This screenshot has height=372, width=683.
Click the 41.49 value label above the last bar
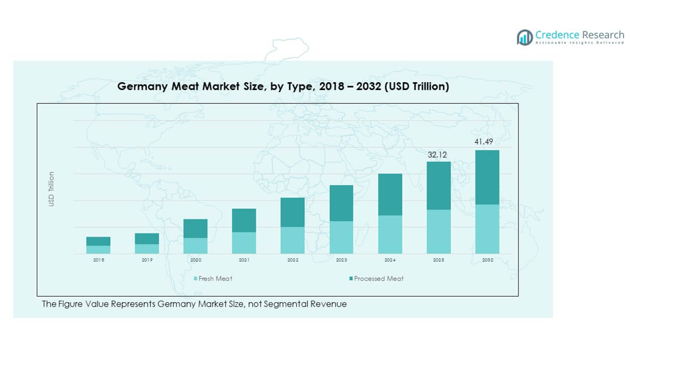click(483, 142)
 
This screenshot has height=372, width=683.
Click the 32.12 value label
click(438, 154)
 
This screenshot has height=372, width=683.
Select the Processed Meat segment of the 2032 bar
click(487, 177)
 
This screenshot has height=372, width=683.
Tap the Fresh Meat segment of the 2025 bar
click(438, 232)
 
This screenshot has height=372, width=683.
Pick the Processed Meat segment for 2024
click(390, 194)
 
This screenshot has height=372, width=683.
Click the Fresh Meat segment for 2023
click(341, 237)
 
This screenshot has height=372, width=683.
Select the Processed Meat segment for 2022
click(293, 212)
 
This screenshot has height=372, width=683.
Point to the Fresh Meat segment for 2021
click(244, 243)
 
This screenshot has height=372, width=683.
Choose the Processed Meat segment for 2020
click(195, 229)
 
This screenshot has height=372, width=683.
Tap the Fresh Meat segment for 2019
click(147, 249)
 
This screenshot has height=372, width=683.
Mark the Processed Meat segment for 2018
click(99, 241)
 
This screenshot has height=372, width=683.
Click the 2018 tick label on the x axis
click(99, 260)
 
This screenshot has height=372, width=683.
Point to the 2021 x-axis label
click(244, 260)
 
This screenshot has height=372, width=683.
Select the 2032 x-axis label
click(487, 260)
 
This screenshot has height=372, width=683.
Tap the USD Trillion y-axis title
click(51, 189)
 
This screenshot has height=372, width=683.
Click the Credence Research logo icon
click(524, 37)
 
